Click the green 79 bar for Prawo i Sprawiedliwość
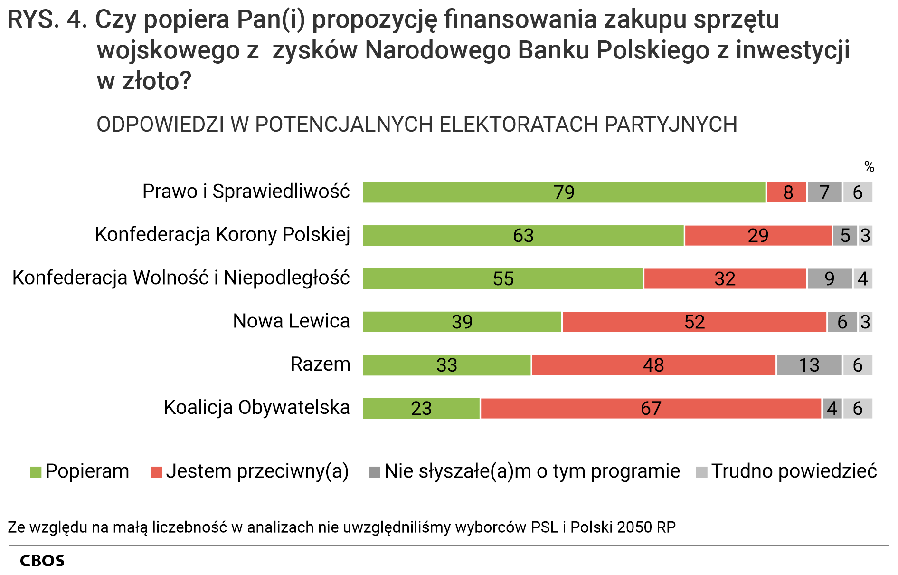pos(564,192)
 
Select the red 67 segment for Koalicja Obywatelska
pos(651,408)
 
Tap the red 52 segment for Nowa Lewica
pos(694,322)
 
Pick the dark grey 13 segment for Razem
pos(809,365)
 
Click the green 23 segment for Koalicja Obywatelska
pos(421,408)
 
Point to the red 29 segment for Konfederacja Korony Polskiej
pos(758,236)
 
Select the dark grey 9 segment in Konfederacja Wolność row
pos(829,279)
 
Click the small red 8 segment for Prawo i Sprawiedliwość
pos(786,192)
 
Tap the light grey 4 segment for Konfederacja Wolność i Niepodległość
pos(863,279)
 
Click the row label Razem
pos(320,364)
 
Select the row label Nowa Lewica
pos(291,321)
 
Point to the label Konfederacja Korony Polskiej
pos(222,235)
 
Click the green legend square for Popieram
pos(36,472)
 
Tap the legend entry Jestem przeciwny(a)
pos(257,471)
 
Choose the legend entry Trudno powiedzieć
pos(794,471)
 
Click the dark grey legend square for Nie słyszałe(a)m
pos(375,472)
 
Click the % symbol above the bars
pos(869,167)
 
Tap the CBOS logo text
pos(42,561)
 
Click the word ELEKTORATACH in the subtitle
pos(520,125)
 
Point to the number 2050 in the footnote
pos(635,527)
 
